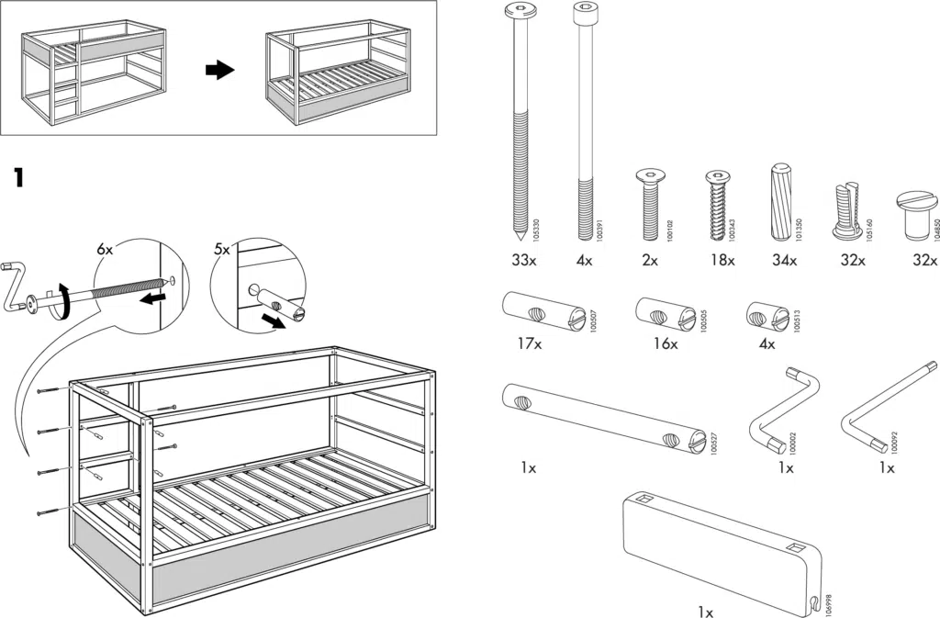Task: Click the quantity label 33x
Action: click(523, 261)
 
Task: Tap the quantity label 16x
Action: click(666, 344)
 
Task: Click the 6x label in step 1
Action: click(105, 249)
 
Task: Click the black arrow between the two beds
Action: click(219, 71)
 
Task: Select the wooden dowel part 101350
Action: click(781, 199)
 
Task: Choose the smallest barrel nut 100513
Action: click(766, 315)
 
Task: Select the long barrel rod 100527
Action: click(603, 419)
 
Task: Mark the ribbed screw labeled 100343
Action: click(716, 204)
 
